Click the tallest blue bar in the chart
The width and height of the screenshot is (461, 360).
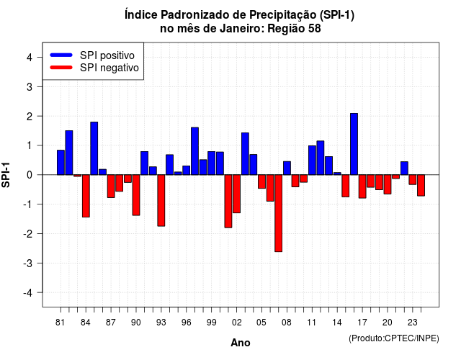(354, 144)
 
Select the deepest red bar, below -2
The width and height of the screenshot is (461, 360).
(279, 213)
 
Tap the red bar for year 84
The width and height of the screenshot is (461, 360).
(86, 196)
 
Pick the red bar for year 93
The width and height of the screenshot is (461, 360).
(161, 200)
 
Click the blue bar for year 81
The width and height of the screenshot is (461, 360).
(61, 163)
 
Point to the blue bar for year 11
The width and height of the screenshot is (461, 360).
(312, 160)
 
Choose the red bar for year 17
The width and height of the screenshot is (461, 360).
(362, 186)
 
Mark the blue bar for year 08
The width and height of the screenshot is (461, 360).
(287, 168)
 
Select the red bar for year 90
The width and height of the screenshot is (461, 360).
(136, 195)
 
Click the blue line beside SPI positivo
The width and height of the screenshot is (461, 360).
(61, 55)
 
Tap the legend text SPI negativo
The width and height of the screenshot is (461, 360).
(109, 68)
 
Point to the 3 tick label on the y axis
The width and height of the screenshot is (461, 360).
(30, 86)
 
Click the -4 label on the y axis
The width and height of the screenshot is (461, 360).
(27, 293)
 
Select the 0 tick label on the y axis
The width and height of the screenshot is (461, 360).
(30, 175)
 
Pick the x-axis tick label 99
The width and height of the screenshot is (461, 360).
(211, 323)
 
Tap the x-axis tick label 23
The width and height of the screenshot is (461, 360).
(413, 323)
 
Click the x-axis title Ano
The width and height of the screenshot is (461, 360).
(241, 343)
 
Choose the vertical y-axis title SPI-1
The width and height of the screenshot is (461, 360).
(6, 175)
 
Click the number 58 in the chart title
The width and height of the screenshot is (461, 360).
(314, 29)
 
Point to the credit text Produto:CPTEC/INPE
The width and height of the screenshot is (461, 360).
(394, 338)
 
